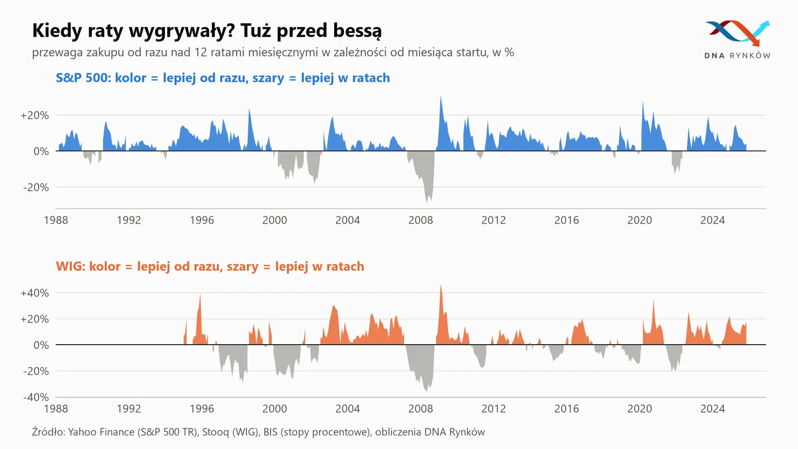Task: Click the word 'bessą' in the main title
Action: coord(357,30)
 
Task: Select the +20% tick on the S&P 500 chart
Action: coord(34,115)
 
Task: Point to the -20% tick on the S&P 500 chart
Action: coord(36,188)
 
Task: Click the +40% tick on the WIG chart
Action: coord(34,293)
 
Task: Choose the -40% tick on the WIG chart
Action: coord(36,397)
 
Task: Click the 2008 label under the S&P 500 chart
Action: coord(420,220)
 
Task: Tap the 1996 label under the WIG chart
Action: coord(201,409)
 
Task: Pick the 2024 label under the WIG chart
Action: coord(713,409)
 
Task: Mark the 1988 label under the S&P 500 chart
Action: coord(56,220)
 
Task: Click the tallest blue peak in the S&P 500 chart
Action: coord(441,97)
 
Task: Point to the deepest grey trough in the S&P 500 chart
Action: coord(427,202)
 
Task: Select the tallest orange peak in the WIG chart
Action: coord(441,285)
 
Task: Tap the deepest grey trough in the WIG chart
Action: coord(427,390)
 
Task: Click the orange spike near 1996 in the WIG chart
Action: coord(200,295)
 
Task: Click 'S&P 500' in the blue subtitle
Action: coord(84,78)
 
